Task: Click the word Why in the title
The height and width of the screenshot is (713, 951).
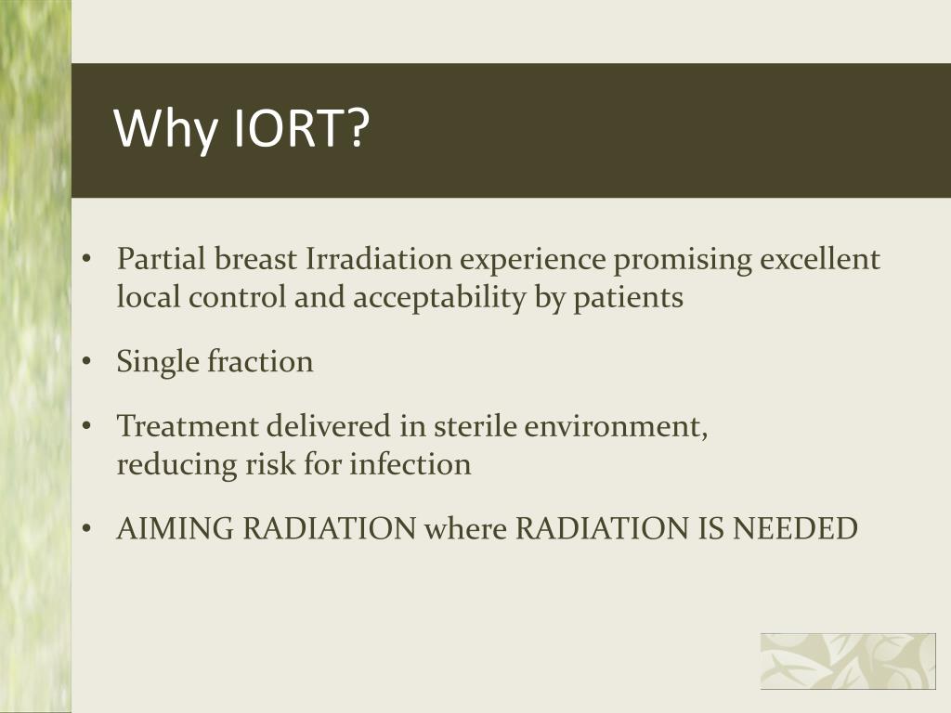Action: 163,129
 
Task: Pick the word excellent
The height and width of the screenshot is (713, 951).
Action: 819,259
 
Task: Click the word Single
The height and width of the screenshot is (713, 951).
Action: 158,361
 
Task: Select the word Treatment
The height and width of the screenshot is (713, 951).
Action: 188,426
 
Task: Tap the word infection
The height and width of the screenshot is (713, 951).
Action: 410,463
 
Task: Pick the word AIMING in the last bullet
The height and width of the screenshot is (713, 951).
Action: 175,528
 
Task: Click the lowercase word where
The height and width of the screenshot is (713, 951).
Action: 465,528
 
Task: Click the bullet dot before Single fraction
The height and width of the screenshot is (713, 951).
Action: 85,362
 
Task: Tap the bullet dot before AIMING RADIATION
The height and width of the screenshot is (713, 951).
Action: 85,529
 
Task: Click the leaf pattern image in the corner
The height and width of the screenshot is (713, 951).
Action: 848,661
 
